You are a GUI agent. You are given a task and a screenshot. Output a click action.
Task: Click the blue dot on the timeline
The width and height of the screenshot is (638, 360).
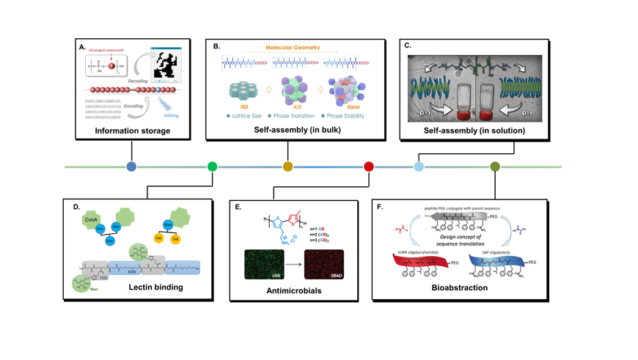pyautogui.click(x=131, y=166)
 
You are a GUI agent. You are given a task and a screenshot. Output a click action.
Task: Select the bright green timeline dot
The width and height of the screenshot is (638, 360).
pyautogui.click(x=212, y=166)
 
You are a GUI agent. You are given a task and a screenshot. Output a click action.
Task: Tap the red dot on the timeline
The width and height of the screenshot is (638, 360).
pyautogui.click(x=369, y=166)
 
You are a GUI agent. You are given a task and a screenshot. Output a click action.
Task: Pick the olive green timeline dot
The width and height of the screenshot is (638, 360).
pyautogui.click(x=495, y=166)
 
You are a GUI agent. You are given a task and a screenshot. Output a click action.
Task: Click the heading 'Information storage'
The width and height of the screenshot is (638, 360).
pyautogui.click(x=132, y=131)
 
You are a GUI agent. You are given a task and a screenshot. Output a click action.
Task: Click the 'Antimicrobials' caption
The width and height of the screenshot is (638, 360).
pyautogui.click(x=293, y=291)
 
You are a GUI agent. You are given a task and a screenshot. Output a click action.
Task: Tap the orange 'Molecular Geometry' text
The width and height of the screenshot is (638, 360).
pyautogui.click(x=293, y=48)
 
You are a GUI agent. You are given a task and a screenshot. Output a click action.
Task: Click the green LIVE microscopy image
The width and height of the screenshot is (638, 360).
pyautogui.click(x=264, y=265)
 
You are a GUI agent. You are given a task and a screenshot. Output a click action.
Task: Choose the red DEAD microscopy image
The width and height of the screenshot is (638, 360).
pyautogui.click(x=323, y=265)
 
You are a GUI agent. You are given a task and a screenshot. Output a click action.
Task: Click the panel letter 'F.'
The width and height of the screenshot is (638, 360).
pyautogui.click(x=380, y=207)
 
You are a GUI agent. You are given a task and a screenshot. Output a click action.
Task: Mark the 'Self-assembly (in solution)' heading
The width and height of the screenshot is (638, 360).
pyautogui.click(x=474, y=131)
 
